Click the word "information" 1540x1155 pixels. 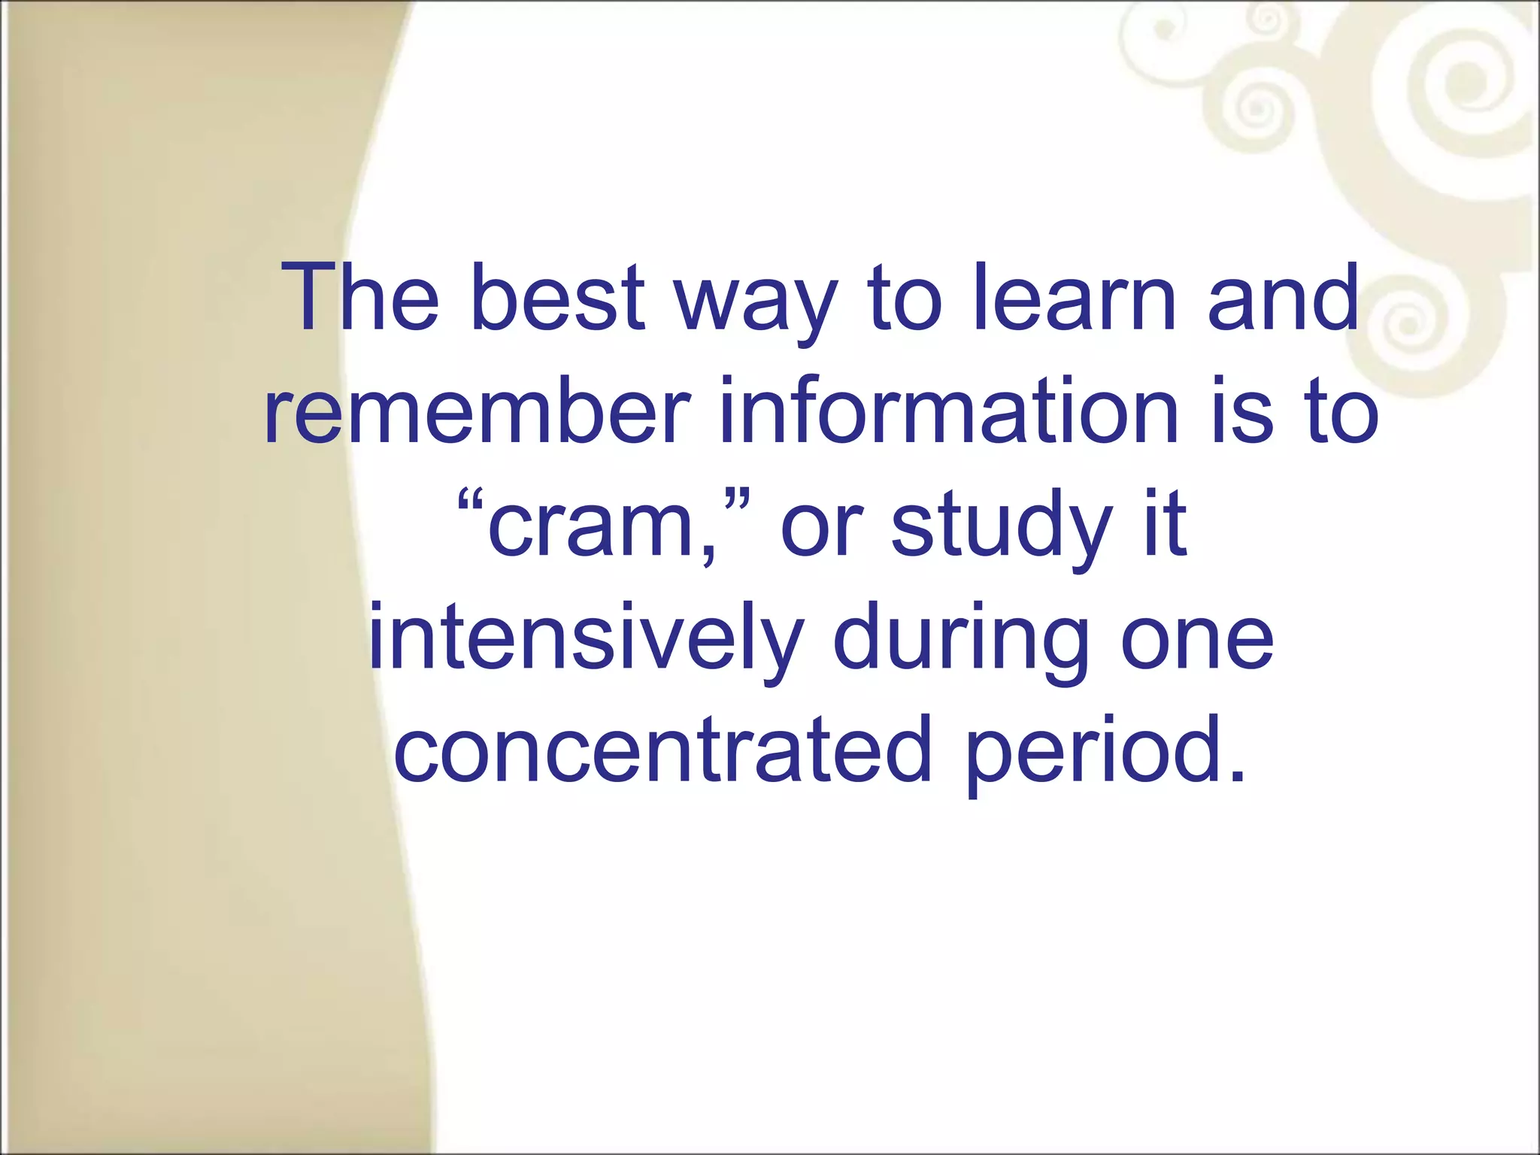click(949, 411)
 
